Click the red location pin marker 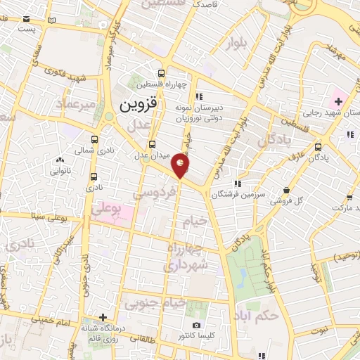181,166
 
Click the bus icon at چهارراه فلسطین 162,72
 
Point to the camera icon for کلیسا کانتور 196,326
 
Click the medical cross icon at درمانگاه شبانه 103,317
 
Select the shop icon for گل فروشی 287,190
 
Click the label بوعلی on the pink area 108,210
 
